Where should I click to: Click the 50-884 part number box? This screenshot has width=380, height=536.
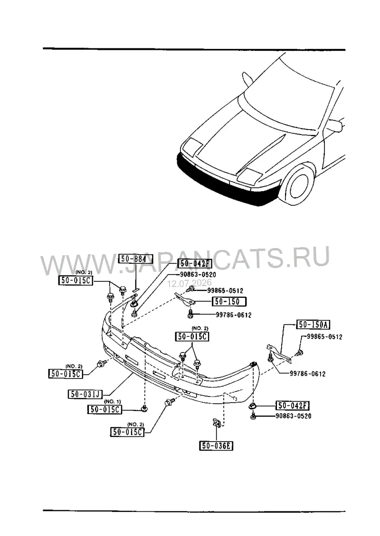[135, 259]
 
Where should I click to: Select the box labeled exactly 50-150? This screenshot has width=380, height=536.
[229, 301]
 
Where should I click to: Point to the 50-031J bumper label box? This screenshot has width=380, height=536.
[85, 394]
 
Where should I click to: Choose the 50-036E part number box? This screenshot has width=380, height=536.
[216, 446]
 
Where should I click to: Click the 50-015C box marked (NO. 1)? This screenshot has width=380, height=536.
[105, 409]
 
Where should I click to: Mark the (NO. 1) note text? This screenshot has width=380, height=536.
[112, 401]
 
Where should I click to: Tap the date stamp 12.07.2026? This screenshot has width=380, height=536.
[190, 283]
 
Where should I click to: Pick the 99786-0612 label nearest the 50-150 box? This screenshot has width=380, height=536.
[234, 315]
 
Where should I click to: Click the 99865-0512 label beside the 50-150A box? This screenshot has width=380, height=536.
[324, 337]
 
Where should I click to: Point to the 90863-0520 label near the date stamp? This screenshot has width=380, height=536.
[198, 275]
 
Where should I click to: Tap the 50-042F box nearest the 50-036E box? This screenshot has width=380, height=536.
[293, 406]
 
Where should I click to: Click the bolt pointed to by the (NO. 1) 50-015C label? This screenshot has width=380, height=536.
[144, 408]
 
